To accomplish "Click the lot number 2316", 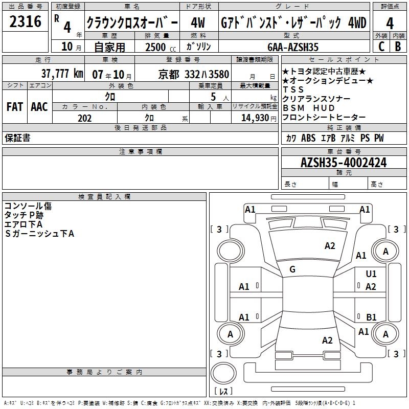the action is point(26,22).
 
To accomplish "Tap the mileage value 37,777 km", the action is point(62,74).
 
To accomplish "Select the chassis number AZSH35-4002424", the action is point(344,163).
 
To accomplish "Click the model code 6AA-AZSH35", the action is point(293,47).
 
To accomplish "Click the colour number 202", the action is point(84,118).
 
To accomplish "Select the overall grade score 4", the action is point(390,23).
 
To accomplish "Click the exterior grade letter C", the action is point(381,47).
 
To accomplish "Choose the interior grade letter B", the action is point(398,47).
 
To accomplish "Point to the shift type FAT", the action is point(15,107).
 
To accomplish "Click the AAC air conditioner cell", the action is point(39,107).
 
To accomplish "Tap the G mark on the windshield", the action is point(292,269).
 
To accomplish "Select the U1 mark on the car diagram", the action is point(371,274).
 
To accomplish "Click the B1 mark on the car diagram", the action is point(371,317).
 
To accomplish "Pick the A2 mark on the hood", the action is point(330,246).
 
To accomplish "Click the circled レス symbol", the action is point(223,391).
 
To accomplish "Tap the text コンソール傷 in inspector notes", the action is point(28,206).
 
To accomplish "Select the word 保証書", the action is point(17,138).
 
